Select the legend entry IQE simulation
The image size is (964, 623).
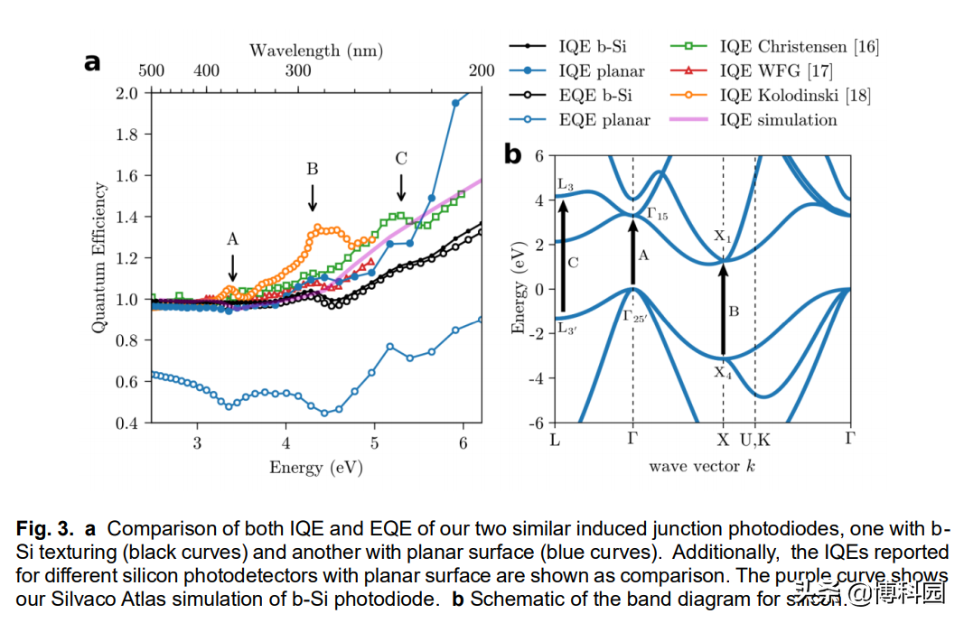point(778,119)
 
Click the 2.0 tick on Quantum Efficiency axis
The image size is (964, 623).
point(127,92)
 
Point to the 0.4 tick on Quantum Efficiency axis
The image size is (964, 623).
point(127,423)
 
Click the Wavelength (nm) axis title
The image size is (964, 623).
point(315,50)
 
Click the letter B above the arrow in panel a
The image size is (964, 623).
point(312,169)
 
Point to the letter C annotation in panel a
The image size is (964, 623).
point(401,159)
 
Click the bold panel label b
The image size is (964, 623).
point(512,154)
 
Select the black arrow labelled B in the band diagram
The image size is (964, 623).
point(723,307)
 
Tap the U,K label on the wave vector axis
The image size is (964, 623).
point(755,440)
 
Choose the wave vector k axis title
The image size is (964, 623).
point(702,466)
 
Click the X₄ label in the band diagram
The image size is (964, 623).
point(724,372)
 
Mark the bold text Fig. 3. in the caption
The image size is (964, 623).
point(44,528)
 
